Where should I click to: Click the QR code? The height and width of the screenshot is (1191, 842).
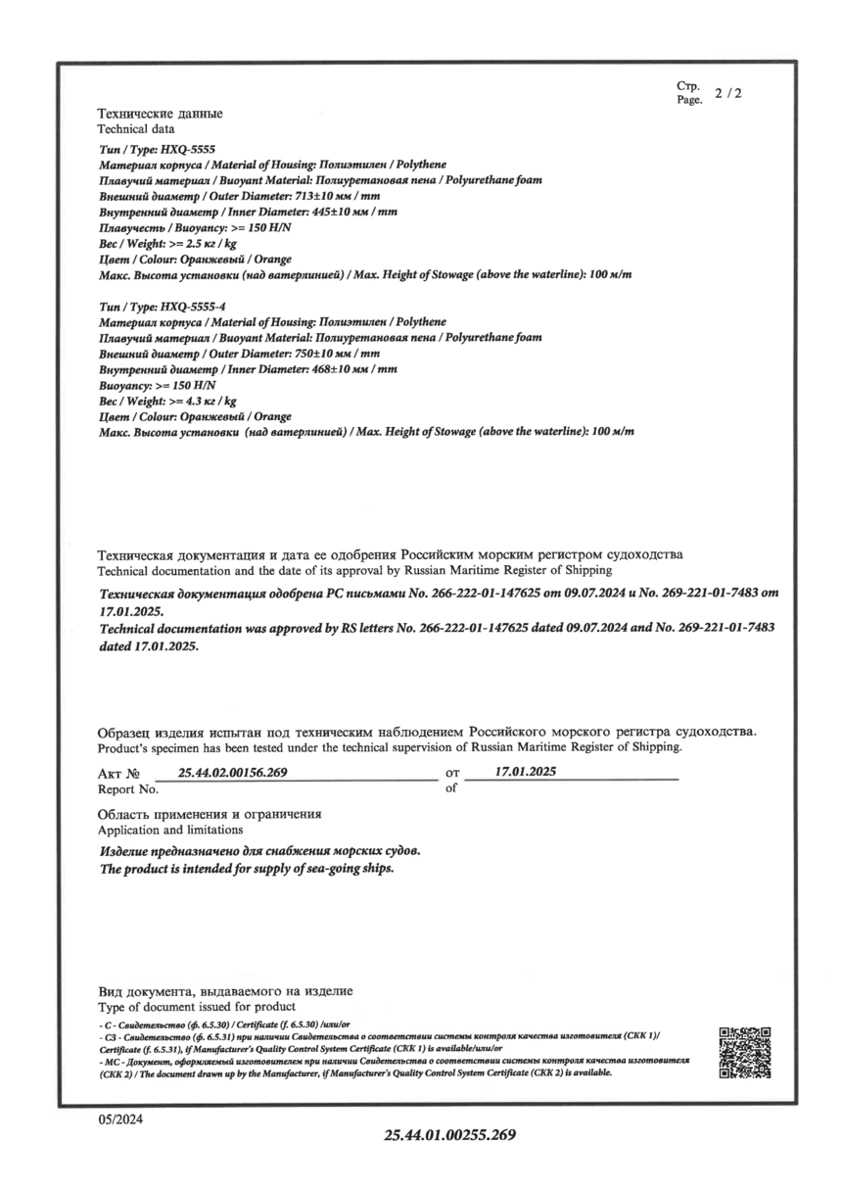745,1053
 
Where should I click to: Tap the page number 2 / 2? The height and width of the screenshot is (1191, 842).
728,94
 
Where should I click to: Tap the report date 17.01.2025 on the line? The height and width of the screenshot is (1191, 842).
526,772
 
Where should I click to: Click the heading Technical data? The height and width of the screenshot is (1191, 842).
136,128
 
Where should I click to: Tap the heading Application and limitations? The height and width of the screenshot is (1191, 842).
171,830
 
